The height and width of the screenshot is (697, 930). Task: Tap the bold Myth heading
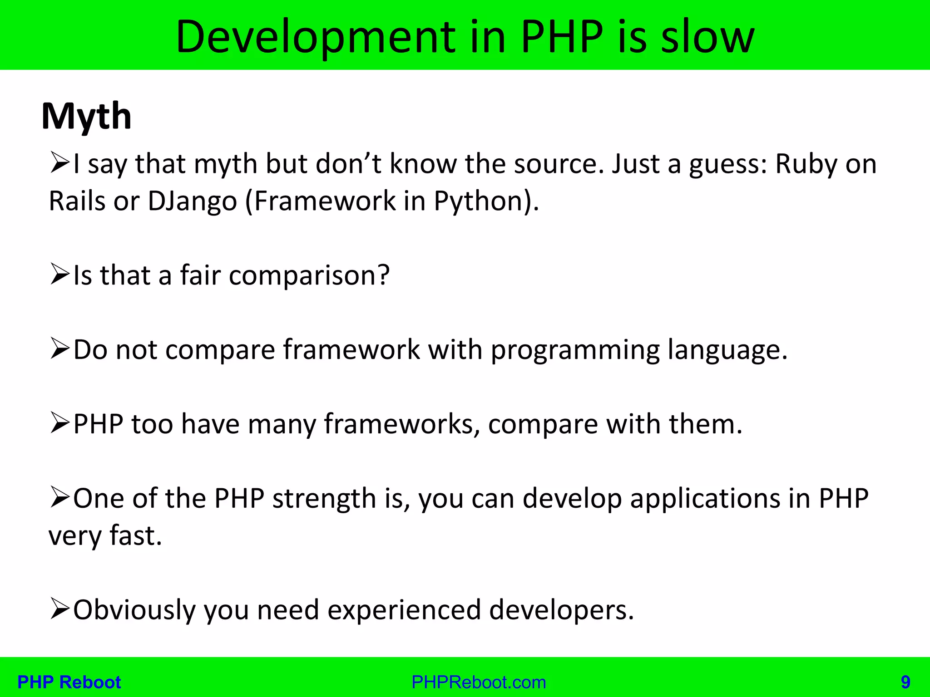pos(86,117)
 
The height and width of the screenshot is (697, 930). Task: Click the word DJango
pos(193,201)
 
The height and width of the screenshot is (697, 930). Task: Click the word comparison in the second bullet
pos(309,275)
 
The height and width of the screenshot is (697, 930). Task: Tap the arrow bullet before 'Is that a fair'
pos(59,275)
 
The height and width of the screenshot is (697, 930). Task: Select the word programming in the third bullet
pos(575,350)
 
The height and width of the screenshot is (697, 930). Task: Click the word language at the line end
pos(727,350)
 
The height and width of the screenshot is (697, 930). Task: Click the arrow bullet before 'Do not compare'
pos(59,349)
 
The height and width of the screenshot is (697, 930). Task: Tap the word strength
pos(324,499)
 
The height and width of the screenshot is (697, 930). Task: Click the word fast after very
pos(136,536)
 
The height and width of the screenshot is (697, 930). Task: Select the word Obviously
pos(134,610)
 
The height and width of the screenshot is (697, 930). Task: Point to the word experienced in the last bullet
pos(404,610)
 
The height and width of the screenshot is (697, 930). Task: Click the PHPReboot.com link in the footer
pos(479,682)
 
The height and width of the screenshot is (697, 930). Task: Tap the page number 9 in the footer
pos(905,682)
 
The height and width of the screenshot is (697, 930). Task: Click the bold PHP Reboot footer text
pos(69,682)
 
